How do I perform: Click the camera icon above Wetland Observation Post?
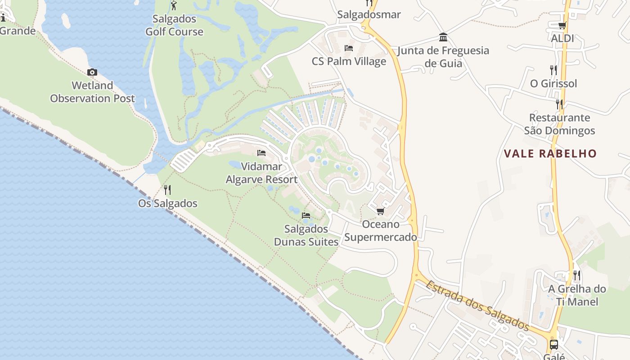(x=92, y=72)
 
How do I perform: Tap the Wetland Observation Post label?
(x=92, y=92)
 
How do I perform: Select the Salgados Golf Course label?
(x=174, y=25)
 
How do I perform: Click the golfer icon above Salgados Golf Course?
(x=174, y=6)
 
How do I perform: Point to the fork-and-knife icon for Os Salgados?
(x=167, y=190)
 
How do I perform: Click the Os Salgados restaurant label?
(x=167, y=203)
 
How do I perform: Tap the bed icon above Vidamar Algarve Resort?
(x=261, y=153)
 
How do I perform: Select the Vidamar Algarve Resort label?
(x=261, y=173)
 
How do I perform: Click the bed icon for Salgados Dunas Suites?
(x=306, y=216)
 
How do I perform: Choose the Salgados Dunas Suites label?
(x=306, y=235)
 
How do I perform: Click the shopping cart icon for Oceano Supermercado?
(x=381, y=211)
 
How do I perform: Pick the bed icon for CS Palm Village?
(x=349, y=48)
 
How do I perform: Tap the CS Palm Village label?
(x=349, y=61)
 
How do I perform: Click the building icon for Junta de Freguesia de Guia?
(x=443, y=37)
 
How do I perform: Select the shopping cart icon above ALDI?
(x=562, y=26)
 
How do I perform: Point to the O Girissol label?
(x=553, y=83)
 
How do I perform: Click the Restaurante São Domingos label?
(x=559, y=124)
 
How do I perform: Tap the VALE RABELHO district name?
(x=550, y=153)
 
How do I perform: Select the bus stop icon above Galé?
(x=554, y=345)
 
